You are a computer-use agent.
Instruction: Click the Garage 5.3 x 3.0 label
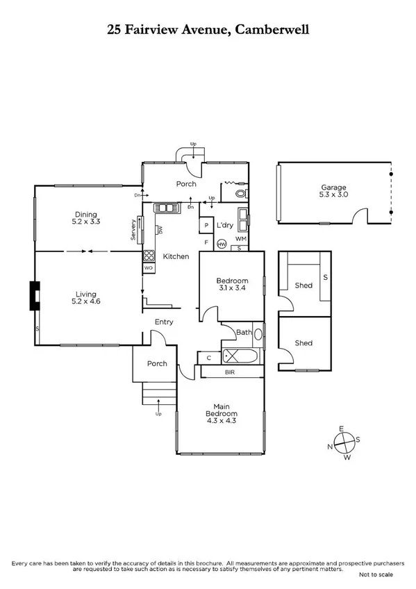point(333,191)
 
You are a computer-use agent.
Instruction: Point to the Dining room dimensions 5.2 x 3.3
point(86,222)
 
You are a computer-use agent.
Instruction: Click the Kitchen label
point(176,256)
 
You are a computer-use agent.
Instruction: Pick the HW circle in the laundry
point(222,244)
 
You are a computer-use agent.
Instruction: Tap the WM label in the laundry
point(240,239)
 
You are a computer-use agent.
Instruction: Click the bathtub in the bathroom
point(240,356)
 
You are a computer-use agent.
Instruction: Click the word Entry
point(164,322)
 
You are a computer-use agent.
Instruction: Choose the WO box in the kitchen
point(148,267)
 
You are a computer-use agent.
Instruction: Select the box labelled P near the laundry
point(206,226)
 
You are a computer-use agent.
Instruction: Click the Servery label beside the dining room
point(133,231)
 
